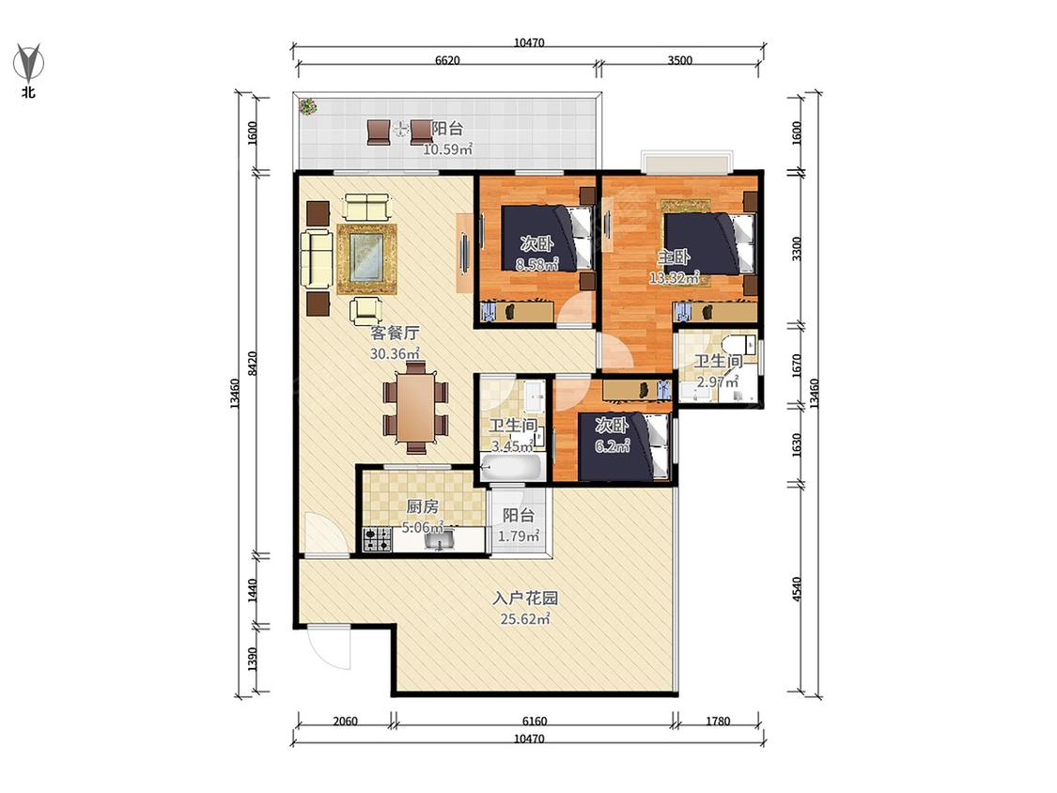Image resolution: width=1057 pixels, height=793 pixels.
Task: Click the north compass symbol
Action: click(x=28, y=63)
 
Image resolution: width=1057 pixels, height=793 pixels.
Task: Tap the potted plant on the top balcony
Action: click(x=308, y=106)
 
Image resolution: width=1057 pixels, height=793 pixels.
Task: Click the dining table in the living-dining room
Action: click(x=416, y=407)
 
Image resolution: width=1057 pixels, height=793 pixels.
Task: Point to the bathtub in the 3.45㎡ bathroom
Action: click(x=512, y=467)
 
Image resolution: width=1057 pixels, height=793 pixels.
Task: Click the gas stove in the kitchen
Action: click(x=378, y=539)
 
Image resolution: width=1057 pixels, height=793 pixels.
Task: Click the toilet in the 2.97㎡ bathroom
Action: click(x=742, y=345)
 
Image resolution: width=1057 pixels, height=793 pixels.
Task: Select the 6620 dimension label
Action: click(x=447, y=60)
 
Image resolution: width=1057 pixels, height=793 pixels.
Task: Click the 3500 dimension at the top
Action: click(x=679, y=60)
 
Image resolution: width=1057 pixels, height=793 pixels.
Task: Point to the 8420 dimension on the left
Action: click(x=252, y=364)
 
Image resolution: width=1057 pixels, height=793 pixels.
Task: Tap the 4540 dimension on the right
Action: click(x=797, y=589)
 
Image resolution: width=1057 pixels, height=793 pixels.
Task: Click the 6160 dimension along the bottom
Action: click(x=534, y=721)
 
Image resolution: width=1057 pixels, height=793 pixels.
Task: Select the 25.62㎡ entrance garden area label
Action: click(x=525, y=618)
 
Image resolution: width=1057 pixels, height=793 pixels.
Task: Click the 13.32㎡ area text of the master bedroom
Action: click(x=674, y=277)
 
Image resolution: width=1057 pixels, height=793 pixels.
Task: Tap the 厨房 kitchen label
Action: click(x=423, y=506)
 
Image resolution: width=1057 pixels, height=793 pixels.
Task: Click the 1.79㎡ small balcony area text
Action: click(x=519, y=536)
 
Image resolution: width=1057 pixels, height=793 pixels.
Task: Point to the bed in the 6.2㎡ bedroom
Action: click(x=625, y=447)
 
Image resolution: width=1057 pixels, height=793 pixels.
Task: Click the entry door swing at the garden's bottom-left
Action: click(x=329, y=646)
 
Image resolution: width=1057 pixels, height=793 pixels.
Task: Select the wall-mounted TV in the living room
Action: click(x=464, y=253)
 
